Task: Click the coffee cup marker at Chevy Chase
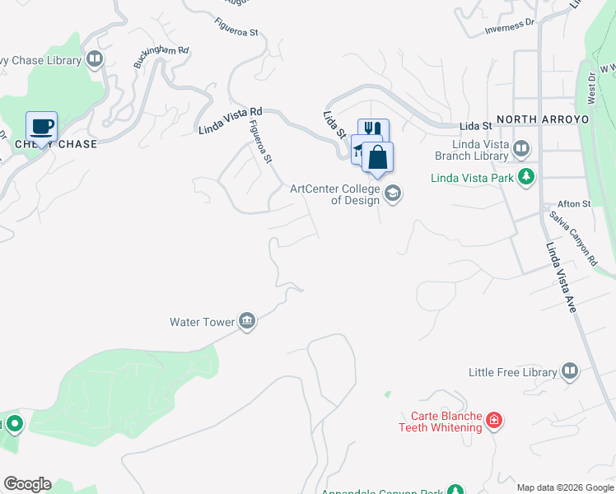coord(42,128)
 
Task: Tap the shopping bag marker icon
coord(377,157)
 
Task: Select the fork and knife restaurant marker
coord(373,130)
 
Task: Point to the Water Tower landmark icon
coord(247,322)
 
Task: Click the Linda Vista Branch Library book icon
coord(520,149)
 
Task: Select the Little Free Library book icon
coord(570,372)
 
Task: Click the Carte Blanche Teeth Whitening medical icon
coord(493,421)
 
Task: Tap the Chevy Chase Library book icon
coord(96,59)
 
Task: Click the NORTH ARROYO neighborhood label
coord(544,119)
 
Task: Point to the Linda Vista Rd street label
coord(231,120)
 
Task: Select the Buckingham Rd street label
coord(161,56)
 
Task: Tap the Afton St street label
coord(575,203)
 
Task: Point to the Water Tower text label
coord(203,322)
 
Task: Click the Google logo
coord(27,484)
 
